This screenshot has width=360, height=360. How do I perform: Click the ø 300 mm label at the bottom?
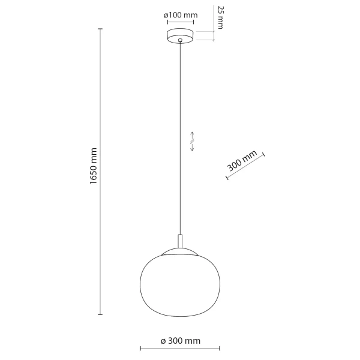[x=181, y=341]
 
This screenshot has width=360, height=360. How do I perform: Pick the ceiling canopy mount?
[x=180, y=35]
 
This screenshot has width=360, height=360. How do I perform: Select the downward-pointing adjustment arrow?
[x=192, y=148]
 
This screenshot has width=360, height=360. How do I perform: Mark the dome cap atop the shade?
[x=180, y=250]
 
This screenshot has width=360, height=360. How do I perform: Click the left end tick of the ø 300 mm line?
[x=140, y=349]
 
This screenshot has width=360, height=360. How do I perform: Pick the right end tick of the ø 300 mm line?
[x=220, y=349]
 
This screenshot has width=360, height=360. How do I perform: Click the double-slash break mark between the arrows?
[x=192, y=141]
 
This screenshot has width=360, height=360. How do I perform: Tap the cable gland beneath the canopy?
[x=180, y=41]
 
